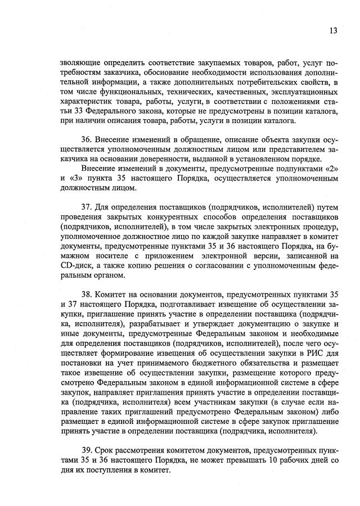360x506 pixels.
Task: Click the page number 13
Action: (x=334, y=30)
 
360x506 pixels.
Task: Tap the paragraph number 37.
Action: (x=87, y=208)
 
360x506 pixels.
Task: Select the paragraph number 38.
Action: (x=87, y=295)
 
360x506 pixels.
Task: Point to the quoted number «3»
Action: (x=73, y=179)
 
